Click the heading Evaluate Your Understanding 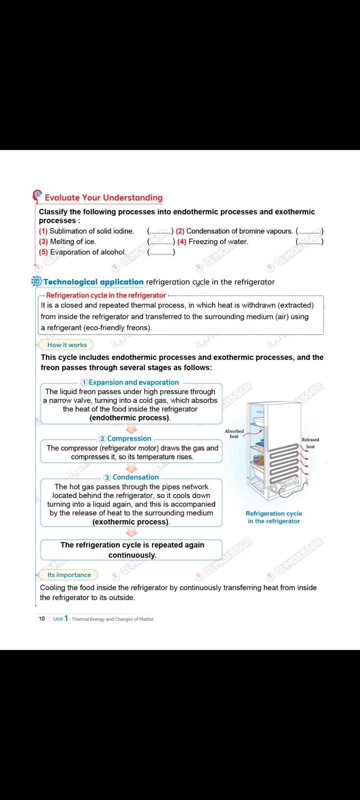pyautogui.click(x=103, y=198)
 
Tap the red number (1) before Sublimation pyautogui.click(x=43, y=231)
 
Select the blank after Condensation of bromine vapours pyautogui.click(x=310, y=231)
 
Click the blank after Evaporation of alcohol pyautogui.click(x=161, y=252)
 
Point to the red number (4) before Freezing pyautogui.click(x=182, y=242)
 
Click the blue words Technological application pyautogui.click(x=93, y=282)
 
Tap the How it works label pyautogui.click(x=67, y=345)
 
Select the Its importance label pyautogui.click(x=69, y=575)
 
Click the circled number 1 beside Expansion pyautogui.click(x=85, y=382)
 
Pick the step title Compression pyautogui.click(x=129, y=439)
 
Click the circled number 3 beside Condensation pyautogui.click(x=107, y=477)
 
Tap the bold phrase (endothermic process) pyautogui.click(x=130, y=418)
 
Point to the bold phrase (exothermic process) pyautogui.click(x=131, y=522)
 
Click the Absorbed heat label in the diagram pyautogui.click(x=234, y=434)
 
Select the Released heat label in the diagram pyautogui.click(x=310, y=443)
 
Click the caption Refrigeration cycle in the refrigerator pyautogui.click(x=274, y=517)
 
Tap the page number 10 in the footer pyautogui.click(x=42, y=619)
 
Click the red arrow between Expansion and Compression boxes pyautogui.click(x=131, y=429)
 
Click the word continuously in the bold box pyautogui.click(x=132, y=555)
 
